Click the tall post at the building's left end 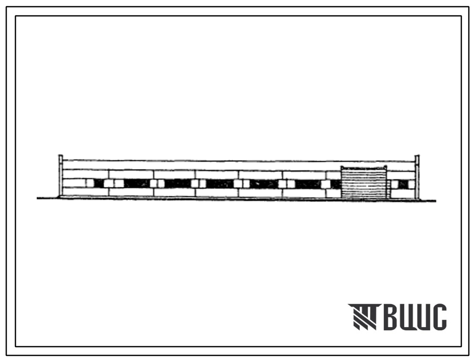pos(60,176)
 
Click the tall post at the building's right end pos(417,177)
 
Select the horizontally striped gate pos(364,184)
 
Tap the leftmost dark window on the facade pos(99,183)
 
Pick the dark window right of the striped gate pos(403,184)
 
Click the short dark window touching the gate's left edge pos(336,184)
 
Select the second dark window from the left pos(137,183)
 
